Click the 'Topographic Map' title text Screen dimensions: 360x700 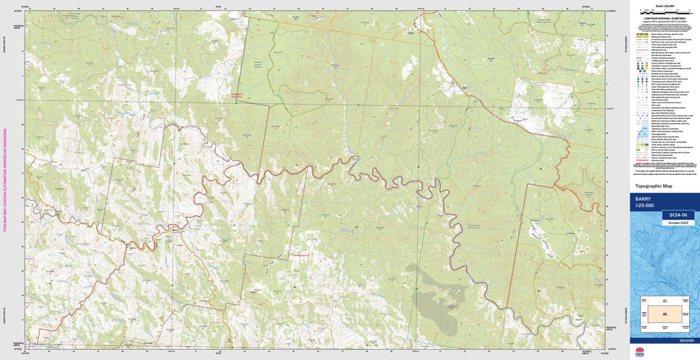pyautogui.click(x=654, y=186)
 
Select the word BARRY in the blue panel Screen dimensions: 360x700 pyautogui.click(x=643, y=199)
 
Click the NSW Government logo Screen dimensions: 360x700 pyautogui.click(x=640, y=352)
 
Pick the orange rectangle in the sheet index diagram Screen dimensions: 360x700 pyautogui.click(x=663, y=313)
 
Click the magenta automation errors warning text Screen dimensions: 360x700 pyautogui.click(x=5, y=180)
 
